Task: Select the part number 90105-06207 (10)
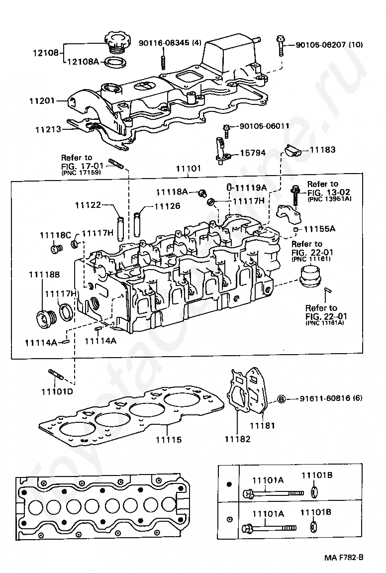click(x=329, y=45)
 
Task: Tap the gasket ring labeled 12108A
click(x=115, y=63)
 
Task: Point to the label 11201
click(x=42, y=100)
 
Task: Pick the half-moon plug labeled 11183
click(x=293, y=150)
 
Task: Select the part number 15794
click(x=253, y=153)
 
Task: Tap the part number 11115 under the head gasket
click(x=169, y=440)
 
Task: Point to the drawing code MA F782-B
click(x=343, y=558)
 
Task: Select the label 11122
click(x=88, y=205)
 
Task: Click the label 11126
click(x=168, y=206)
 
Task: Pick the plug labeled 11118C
click(x=56, y=249)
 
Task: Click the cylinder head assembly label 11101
click(x=188, y=169)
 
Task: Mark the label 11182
click(x=238, y=439)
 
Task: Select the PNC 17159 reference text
click(x=81, y=172)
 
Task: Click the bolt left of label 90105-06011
click(x=227, y=131)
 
